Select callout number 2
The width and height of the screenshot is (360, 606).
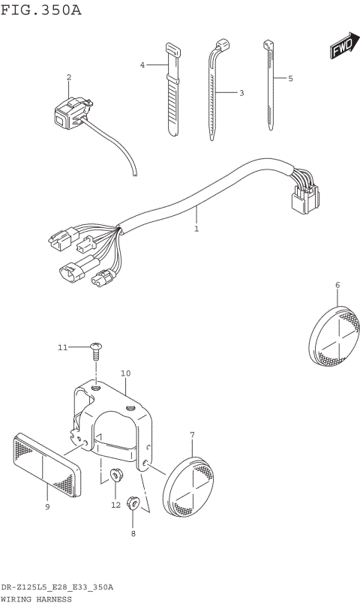click(x=69, y=77)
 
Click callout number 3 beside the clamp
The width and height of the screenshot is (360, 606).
click(x=241, y=93)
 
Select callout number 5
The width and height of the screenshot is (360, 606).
click(x=290, y=78)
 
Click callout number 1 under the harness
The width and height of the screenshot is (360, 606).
click(x=196, y=229)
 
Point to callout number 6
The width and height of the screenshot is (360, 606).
click(x=337, y=285)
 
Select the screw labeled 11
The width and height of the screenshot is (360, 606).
click(x=96, y=346)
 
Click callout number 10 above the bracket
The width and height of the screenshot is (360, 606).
click(x=125, y=373)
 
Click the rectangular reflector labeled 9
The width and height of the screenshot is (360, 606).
click(x=46, y=466)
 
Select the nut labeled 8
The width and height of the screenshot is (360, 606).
click(x=133, y=502)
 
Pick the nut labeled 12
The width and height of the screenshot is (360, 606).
click(x=116, y=475)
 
